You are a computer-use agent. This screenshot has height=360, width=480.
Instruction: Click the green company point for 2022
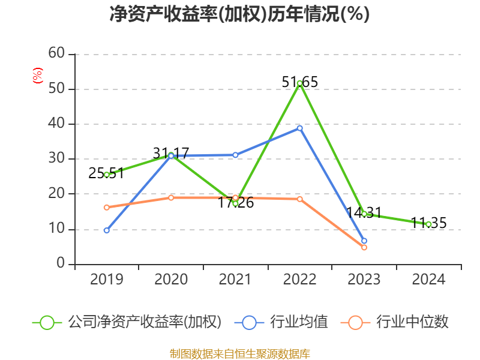tap(299, 83)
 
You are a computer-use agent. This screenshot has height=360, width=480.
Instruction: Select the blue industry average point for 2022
tap(299, 128)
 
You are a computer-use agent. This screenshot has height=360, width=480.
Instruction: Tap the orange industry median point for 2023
tap(364, 247)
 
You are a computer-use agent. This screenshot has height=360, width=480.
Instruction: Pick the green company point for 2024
tap(428, 224)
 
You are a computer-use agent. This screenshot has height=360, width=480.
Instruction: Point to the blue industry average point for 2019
tap(107, 230)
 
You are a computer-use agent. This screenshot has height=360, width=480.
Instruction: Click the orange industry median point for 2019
tap(107, 208)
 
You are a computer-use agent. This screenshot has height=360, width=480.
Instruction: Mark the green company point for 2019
tap(107, 175)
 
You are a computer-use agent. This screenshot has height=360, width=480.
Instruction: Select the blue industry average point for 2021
tap(235, 155)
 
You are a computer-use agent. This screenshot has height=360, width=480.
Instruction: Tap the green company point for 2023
tap(364, 214)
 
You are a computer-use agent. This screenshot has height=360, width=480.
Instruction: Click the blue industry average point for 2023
tap(364, 241)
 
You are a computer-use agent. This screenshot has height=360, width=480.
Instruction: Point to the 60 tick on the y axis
tap(56, 54)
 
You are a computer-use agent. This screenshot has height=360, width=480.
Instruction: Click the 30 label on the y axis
tap(56, 159)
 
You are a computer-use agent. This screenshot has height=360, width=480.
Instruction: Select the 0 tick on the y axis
tap(61, 264)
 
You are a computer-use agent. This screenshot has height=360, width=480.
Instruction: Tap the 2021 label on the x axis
tap(235, 280)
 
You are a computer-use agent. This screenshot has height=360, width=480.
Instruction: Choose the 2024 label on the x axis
tap(428, 280)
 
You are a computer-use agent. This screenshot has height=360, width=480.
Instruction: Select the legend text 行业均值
tap(299, 322)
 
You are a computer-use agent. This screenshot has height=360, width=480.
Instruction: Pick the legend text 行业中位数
tap(412, 322)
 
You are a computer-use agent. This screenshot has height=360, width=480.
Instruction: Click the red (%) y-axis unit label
tap(38, 76)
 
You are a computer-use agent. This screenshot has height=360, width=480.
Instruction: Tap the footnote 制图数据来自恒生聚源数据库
tap(240, 353)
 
